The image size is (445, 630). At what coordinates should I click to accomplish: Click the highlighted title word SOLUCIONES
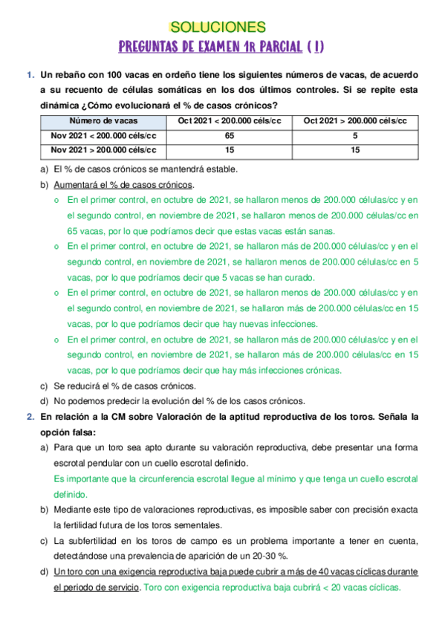218,27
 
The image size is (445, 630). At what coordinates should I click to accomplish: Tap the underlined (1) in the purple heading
318,48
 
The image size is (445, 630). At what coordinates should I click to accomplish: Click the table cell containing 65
229,135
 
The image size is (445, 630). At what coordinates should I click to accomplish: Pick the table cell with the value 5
355,135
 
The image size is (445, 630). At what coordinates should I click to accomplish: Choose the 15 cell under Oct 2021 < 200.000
229,149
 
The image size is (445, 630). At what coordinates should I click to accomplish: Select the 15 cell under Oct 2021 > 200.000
355,149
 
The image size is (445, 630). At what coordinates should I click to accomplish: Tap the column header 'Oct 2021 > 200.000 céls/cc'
355,121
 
